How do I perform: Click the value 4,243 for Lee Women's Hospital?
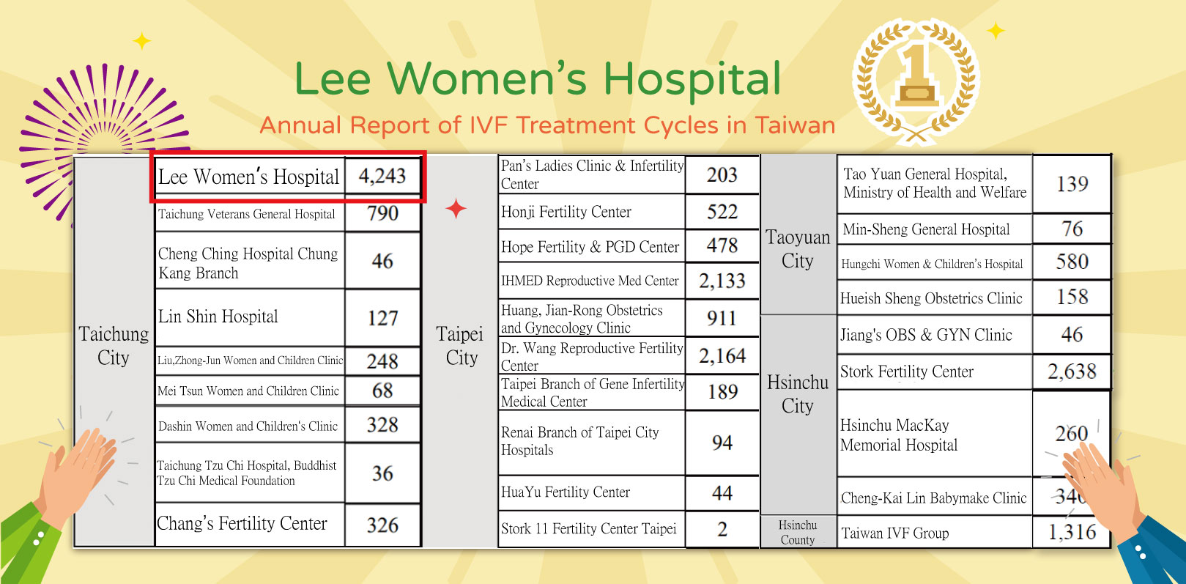point(382,176)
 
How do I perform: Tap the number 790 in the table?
point(382,212)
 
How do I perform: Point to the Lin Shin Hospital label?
point(218,317)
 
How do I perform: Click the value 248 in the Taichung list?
point(382,361)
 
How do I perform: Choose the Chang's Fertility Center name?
point(242,523)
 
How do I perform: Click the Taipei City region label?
point(459,345)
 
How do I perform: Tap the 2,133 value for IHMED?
point(722,281)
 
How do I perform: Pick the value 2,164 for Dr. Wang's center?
point(722,355)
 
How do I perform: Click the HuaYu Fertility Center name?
point(566,492)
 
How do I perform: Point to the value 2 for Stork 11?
point(722,529)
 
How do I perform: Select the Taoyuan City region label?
point(797,249)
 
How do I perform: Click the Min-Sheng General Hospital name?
point(926,229)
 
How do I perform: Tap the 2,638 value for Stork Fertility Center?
point(1072,372)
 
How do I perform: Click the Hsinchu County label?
point(797,532)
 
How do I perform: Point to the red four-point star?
point(456,209)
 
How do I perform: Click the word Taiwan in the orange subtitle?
point(796,125)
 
